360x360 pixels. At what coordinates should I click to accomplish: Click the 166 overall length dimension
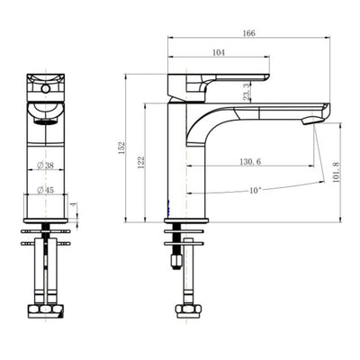pyautogui.click(x=249, y=33)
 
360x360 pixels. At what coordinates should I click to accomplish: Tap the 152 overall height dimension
pyautogui.click(x=121, y=148)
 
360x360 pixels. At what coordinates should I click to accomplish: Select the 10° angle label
pyautogui.click(x=256, y=191)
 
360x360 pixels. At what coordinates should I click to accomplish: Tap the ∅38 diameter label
pyautogui.click(x=47, y=165)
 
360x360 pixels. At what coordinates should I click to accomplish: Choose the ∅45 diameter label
pyautogui.click(x=47, y=190)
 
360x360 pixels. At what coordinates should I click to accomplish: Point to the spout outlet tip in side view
pyautogui.click(x=320, y=114)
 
